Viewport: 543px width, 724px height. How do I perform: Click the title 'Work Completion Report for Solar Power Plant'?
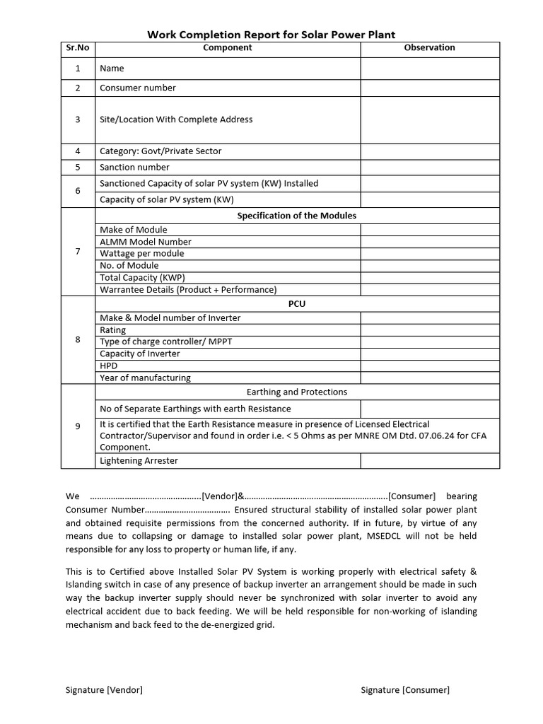pyautogui.click(x=271, y=34)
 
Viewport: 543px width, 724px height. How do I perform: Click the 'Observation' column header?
pyautogui.click(x=429, y=48)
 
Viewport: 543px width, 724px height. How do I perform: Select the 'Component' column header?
pyautogui.click(x=227, y=48)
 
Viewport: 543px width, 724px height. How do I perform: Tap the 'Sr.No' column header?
pyautogui.click(x=78, y=48)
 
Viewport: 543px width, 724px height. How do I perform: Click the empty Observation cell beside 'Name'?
pyautogui.click(x=430, y=69)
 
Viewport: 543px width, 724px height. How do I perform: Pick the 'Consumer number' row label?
pyautogui.click(x=138, y=88)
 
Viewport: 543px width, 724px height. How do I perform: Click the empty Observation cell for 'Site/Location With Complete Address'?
pyautogui.click(x=430, y=119)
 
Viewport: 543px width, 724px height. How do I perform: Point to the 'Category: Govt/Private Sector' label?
pyautogui.click(x=160, y=151)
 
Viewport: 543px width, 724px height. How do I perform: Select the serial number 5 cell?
pyautogui.click(x=78, y=168)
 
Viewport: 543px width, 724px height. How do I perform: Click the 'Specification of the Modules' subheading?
pyautogui.click(x=297, y=216)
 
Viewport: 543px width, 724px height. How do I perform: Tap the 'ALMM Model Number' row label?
pyautogui.click(x=146, y=242)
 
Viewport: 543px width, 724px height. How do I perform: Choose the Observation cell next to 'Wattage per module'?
pyautogui.click(x=430, y=254)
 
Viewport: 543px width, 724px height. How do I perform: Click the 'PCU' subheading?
pyautogui.click(x=297, y=304)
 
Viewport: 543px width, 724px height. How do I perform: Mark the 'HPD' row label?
pyautogui.click(x=109, y=366)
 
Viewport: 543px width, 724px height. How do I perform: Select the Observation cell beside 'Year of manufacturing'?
pyautogui.click(x=430, y=378)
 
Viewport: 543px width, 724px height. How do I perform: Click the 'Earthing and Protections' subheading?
pyautogui.click(x=297, y=392)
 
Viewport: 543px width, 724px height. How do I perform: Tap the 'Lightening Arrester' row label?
pyautogui.click(x=139, y=461)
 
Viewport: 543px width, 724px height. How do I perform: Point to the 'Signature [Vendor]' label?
pyautogui.click(x=104, y=690)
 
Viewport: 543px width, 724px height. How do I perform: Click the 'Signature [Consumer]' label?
pyautogui.click(x=405, y=690)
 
